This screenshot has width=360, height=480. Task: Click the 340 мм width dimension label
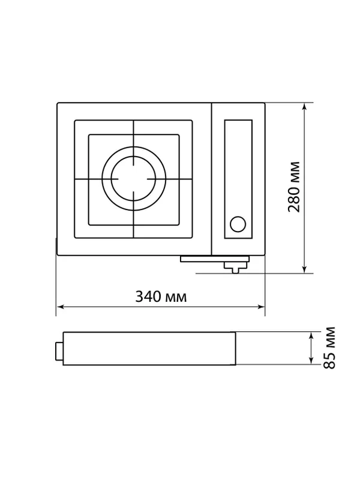tap(161, 296)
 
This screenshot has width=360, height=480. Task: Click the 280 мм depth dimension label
tap(294, 187)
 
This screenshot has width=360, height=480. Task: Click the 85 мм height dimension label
tap(329, 348)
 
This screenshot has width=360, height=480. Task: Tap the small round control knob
tap(238, 224)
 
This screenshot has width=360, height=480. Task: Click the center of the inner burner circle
tap(133, 179)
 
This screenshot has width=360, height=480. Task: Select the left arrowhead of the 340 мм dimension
tap(61, 307)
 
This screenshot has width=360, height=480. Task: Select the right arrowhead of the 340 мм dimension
tap(261, 307)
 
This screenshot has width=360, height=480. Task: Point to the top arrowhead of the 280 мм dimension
tap(304, 106)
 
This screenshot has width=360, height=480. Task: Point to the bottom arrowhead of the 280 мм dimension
tap(304, 269)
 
